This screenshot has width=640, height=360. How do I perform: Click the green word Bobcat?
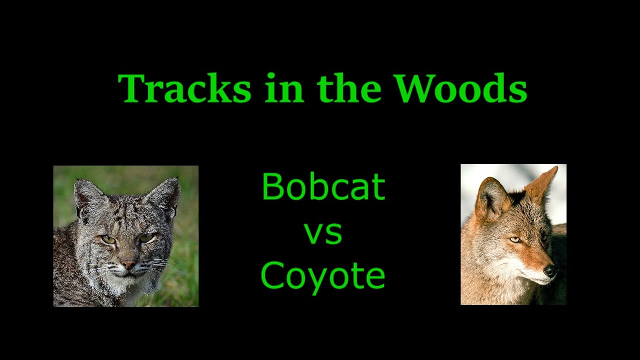323,186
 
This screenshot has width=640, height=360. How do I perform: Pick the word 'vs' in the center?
323,233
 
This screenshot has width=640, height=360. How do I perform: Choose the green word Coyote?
323,276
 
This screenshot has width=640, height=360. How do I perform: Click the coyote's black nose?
550,271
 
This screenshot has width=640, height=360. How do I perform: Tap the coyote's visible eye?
515,240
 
